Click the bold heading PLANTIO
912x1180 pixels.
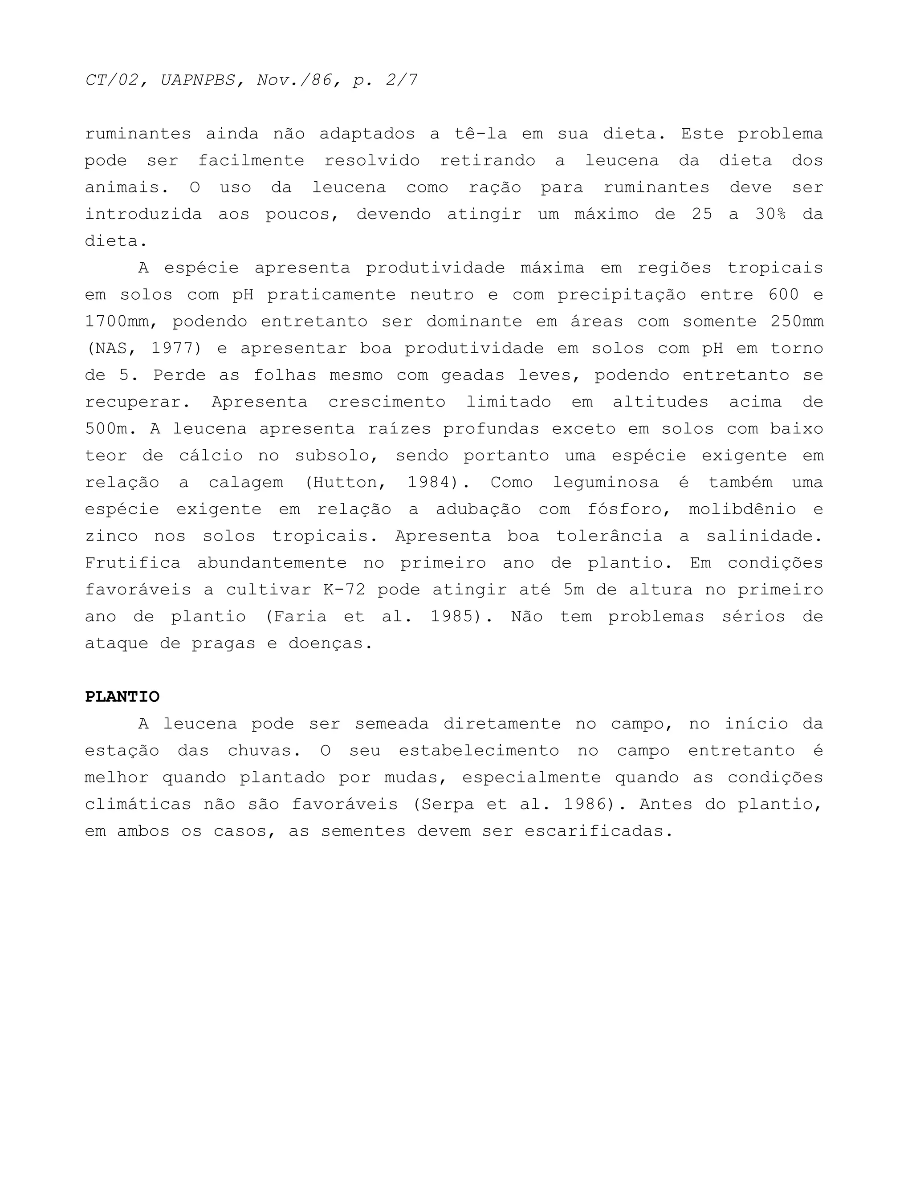[122, 697]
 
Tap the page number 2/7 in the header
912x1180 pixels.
[401, 80]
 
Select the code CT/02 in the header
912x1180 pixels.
[111, 80]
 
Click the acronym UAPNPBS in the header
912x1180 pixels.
[198, 80]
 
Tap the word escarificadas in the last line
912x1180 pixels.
[598, 831]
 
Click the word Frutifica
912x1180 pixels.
[132, 563]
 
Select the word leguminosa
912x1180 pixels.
[606, 483]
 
